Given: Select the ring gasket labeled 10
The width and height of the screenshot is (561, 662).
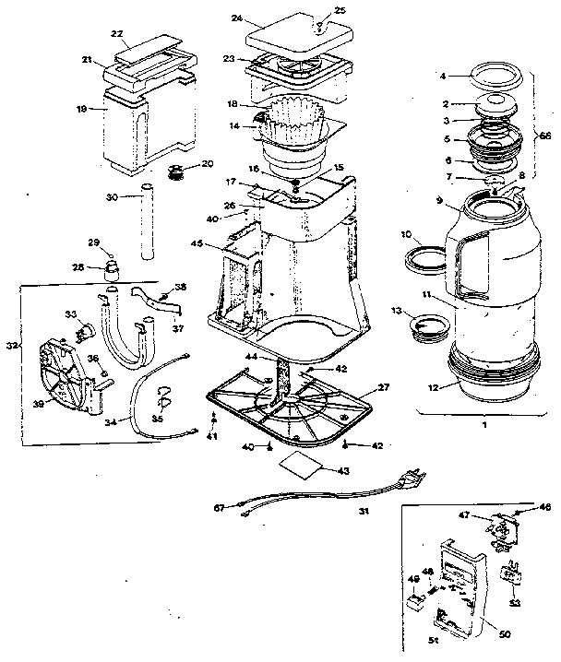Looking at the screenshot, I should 425,257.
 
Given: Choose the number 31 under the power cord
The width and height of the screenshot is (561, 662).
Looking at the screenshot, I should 364,514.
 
